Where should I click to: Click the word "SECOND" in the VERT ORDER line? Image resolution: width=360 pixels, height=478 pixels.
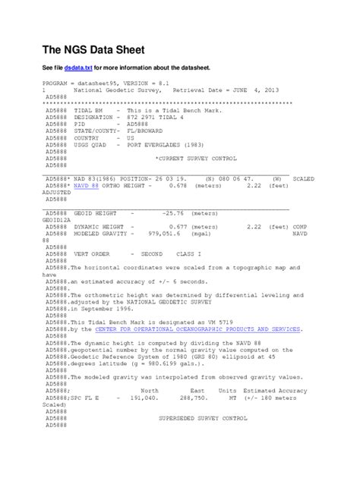point(152,253)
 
